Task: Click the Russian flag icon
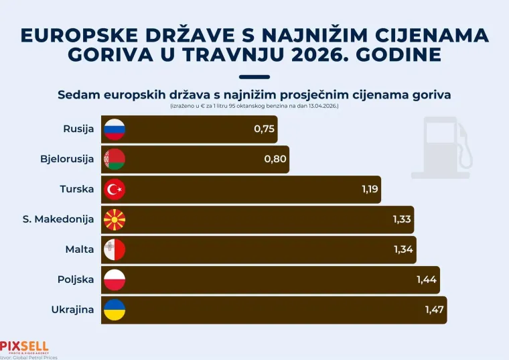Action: pos(115,129)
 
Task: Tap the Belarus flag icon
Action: pos(115,160)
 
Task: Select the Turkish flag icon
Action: pos(115,190)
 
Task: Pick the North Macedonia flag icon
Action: pos(115,219)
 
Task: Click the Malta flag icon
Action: pos(115,249)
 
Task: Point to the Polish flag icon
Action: pos(115,280)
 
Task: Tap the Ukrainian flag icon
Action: pos(115,310)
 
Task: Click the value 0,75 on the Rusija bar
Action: pos(265,129)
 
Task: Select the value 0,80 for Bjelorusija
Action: pos(275,160)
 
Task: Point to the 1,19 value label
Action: pos(370,190)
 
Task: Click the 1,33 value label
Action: pos(402,219)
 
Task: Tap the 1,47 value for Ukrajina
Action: pos(435,310)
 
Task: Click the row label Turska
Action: pos(76,190)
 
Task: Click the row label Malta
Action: pos(79,249)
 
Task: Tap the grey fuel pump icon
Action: pos(441,147)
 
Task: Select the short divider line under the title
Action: pos(254,77)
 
